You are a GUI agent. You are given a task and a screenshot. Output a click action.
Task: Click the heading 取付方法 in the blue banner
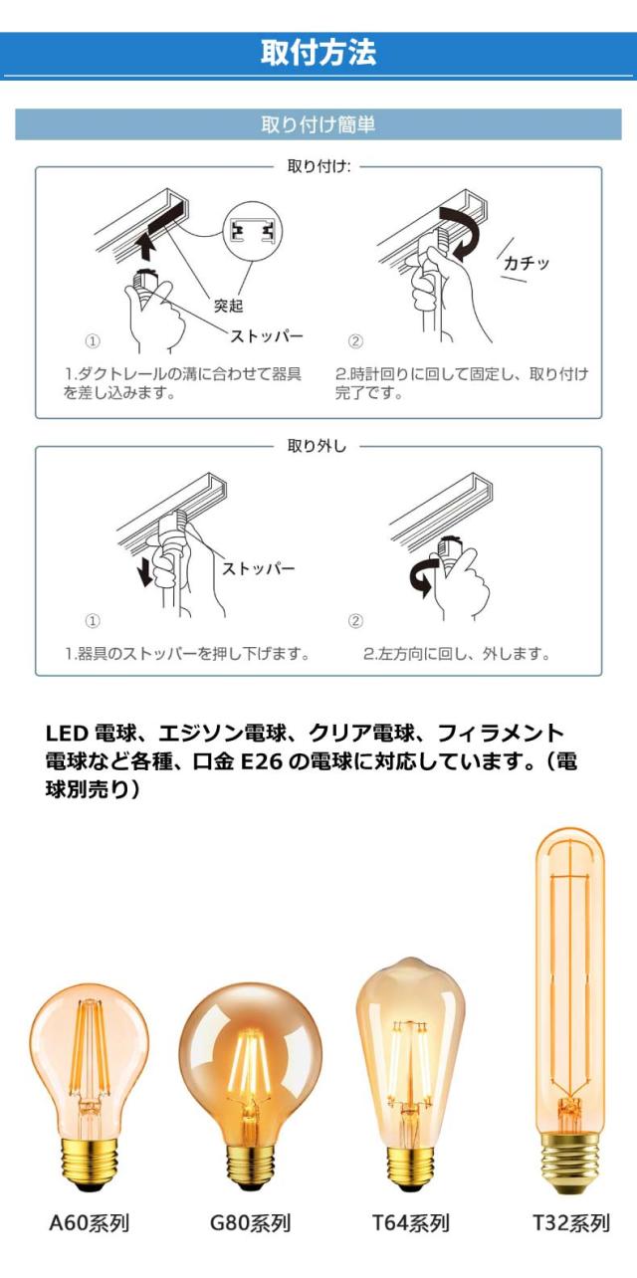pyautogui.click(x=318, y=53)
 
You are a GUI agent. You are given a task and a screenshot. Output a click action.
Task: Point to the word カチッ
pyautogui.click(x=527, y=264)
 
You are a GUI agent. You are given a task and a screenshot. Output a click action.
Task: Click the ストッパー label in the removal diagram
pyautogui.click(x=258, y=568)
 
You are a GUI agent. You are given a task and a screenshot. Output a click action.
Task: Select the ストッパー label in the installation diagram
pyautogui.click(x=267, y=335)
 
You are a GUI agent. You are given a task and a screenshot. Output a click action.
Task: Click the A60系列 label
pyautogui.click(x=90, y=1223)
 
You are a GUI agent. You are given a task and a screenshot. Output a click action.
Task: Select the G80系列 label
pyautogui.click(x=250, y=1223)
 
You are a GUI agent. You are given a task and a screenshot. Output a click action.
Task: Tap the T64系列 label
pyautogui.click(x=410, y=1223)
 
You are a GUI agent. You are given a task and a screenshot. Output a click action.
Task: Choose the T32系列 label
pyautogui.click(x=569, y=1223)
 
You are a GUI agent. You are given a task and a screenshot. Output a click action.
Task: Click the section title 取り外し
pyautogui.click(x=318, y=447)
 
